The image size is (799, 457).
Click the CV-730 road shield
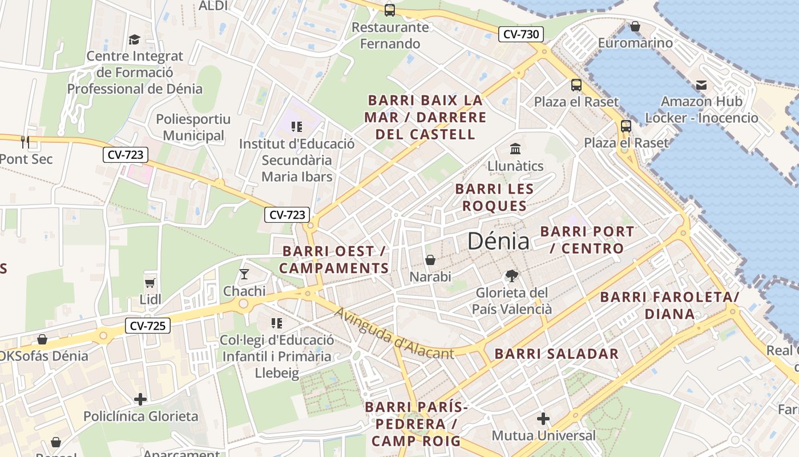(521, 34)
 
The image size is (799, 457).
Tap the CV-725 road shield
(148, 326)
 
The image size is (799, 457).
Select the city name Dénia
(498, 242)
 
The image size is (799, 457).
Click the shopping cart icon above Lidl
(150, 283)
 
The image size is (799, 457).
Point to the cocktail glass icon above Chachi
(244, 274)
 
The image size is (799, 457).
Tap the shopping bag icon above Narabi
(430, 260)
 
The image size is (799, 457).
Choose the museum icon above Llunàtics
(515, 149)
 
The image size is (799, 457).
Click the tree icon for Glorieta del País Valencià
(512, 276)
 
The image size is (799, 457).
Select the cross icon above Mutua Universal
(543, 419)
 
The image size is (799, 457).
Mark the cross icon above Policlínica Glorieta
(140, 399)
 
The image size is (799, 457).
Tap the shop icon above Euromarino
(635, 26)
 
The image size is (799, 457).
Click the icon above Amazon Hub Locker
(701, 85)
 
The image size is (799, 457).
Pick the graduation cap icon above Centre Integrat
(134, 39)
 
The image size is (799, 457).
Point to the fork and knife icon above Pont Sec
(25, 142)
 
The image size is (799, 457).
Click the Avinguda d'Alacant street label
(394, 334)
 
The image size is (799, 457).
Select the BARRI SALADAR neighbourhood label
(556, 354)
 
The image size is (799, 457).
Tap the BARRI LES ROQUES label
(494, 197)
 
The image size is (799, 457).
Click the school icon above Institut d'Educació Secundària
(296, 126)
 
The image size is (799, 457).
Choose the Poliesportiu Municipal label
(193, 127)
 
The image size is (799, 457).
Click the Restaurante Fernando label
(390, 35)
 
